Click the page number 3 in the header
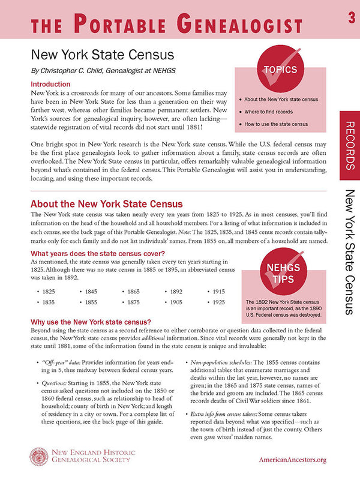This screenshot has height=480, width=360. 350,19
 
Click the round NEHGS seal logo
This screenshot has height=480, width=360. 41,457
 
